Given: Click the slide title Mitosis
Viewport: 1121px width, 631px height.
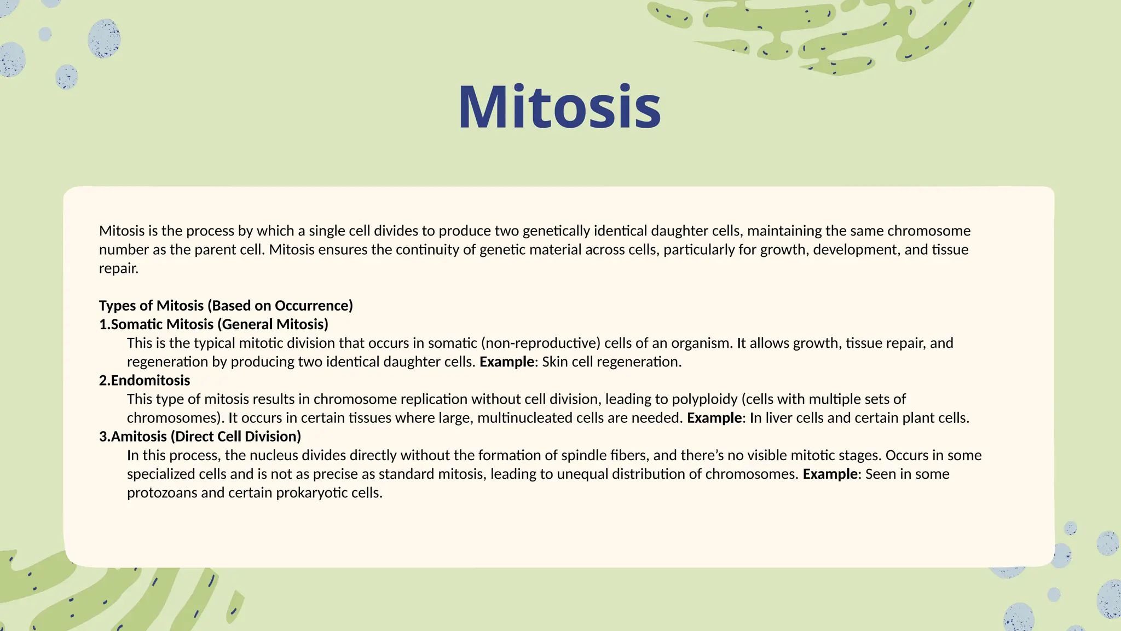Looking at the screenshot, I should click(559, 107).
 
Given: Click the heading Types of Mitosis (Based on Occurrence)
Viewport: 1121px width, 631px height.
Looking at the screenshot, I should click(226, 306).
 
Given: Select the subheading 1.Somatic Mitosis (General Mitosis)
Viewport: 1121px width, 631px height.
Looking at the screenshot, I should click(213, 324).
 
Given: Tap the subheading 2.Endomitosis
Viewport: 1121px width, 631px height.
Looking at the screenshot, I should click(145, 380).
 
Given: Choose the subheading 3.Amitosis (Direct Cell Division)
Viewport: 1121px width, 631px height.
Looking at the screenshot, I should click(200, 437).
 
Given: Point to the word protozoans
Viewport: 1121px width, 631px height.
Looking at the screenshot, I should click(162, 493).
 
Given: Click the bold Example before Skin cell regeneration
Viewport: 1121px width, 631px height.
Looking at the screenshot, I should click(506, 362).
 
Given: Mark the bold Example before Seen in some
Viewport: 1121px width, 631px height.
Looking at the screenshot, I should click(830, 474).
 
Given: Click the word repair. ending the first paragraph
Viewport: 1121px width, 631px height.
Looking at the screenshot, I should click(119, 268).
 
